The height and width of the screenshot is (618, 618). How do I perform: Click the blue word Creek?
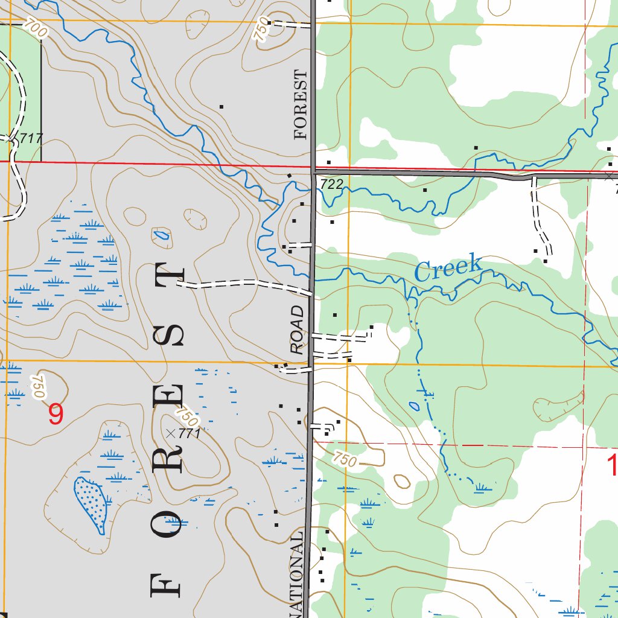(448, 268)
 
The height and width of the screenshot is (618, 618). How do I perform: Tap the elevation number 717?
(31, 138)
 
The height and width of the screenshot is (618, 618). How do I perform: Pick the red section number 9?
(56, 415)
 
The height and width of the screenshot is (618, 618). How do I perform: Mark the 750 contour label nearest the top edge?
(260, 31)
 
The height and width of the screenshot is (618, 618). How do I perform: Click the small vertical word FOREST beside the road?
(301, 104)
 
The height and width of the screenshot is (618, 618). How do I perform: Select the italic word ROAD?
(297, 330)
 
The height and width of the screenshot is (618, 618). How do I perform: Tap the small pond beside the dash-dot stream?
(415, 406)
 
